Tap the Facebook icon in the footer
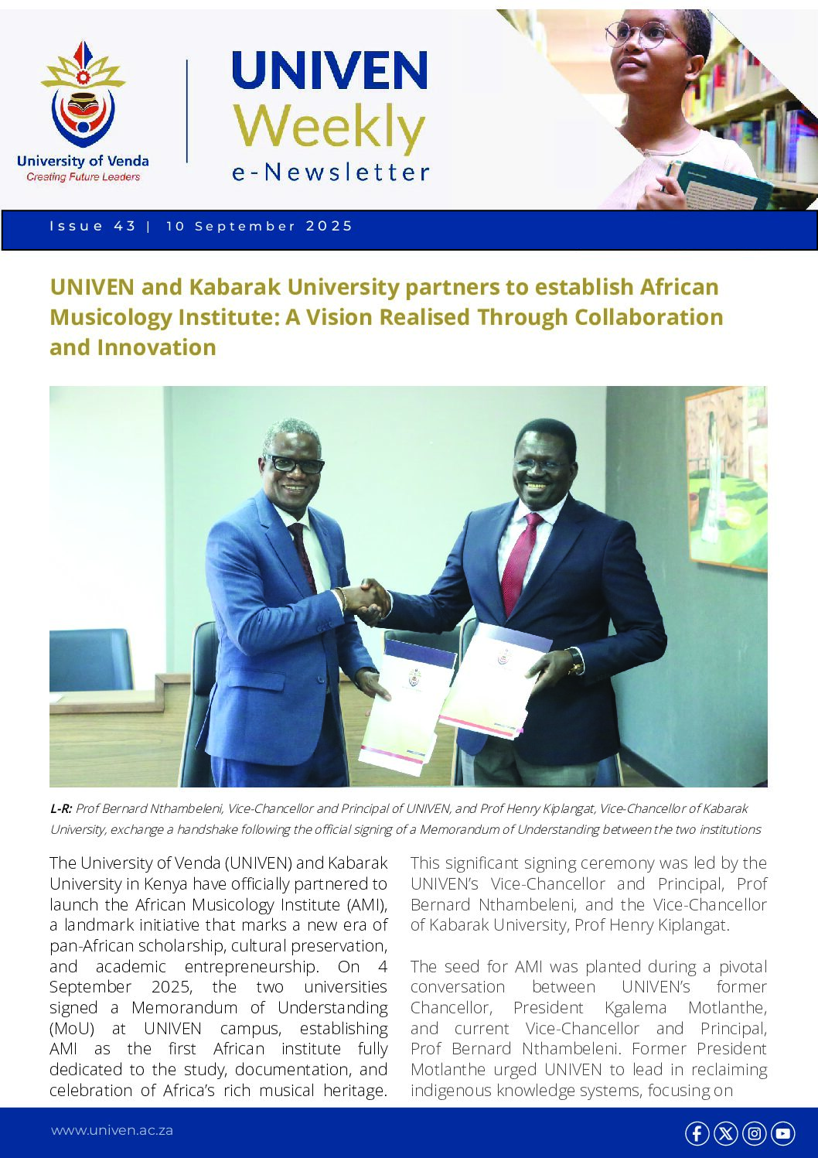(x=697, y=1133)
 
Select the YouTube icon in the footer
(x=783, y=1133)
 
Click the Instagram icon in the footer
(x=755, y=1133)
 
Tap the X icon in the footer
(x=725, y=1133)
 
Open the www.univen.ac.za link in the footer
(x=112, y=1130)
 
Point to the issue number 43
(x=124, y=226)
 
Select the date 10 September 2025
(x=259, y=226)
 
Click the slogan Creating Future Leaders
(x=84, y=177)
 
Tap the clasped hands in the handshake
(x=366, y=600)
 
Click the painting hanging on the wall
(x=727, y=476)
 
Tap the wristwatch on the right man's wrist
(x=575, y=661)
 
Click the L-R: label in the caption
(x=61, y=808)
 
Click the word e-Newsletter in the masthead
(x=330, y=172)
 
